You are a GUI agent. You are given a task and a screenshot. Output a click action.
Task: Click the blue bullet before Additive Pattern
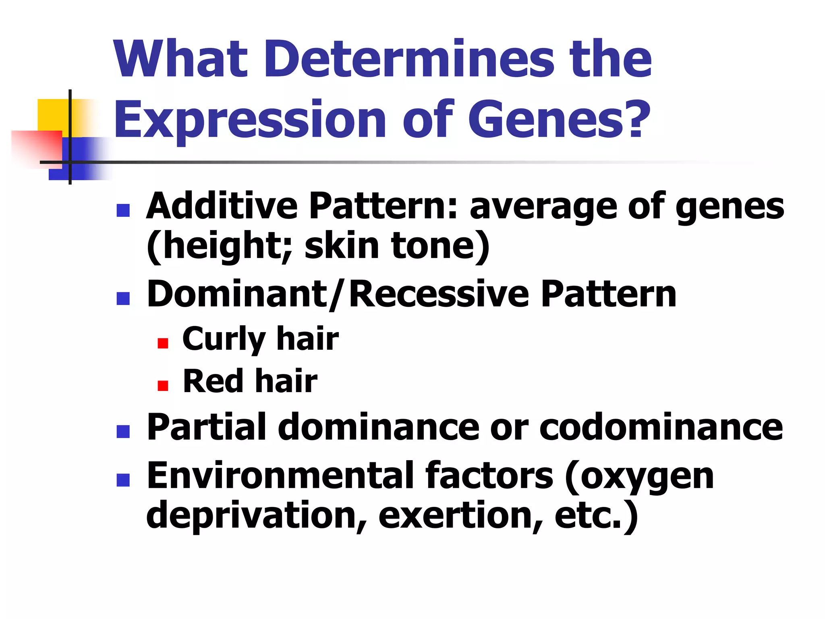point(123,210)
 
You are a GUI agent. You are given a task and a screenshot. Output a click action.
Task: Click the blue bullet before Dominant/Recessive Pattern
point(123,298)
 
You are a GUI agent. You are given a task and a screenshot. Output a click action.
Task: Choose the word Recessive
point(439,294)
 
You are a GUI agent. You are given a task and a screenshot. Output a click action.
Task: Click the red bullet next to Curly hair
point(163,343)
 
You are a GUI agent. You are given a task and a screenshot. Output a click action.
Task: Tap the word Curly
point(224,339)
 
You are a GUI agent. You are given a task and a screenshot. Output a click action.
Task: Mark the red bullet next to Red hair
point(163,386)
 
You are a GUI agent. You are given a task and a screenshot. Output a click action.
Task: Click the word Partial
point(207,427)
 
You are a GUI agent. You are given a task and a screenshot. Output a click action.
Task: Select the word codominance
point(661,427)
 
